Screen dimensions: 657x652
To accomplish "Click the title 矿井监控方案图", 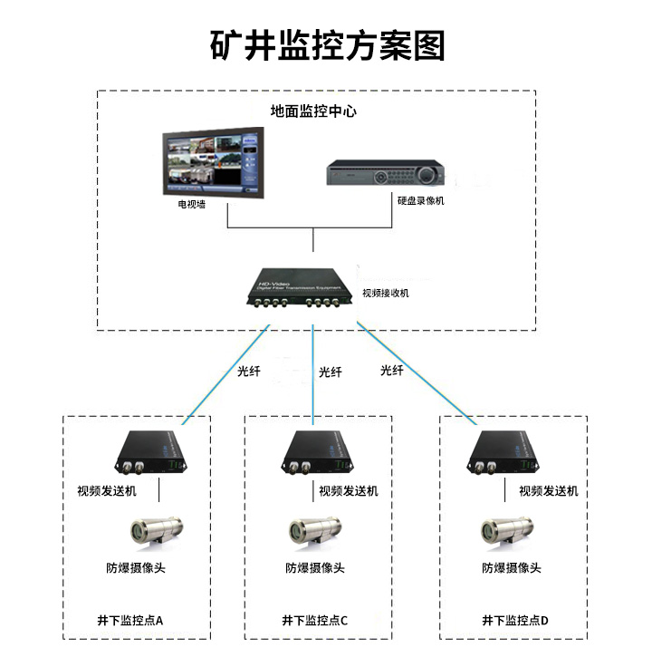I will click(327, 43).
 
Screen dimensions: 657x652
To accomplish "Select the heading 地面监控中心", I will click(313, 111).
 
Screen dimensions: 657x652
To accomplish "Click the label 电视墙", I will click(191, 204).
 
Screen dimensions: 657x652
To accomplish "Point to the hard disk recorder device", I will click(388, 172).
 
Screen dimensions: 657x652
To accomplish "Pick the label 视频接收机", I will click(386, 293).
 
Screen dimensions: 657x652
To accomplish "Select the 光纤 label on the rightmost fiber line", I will click(392, 370).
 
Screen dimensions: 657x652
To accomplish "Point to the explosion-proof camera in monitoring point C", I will click(313, 531).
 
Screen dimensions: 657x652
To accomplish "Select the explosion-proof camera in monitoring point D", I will click(506, 531).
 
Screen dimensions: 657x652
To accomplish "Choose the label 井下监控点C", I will click(314, 621).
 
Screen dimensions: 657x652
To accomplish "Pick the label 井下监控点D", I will click(515, 621).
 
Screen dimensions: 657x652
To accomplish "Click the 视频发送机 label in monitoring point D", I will click(548, 491).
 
